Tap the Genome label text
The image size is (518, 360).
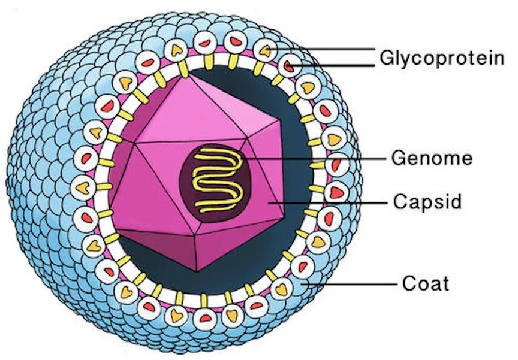pyautogui.click(x=432, y=159)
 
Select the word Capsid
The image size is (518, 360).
pyautogui.click(x=427, y=202)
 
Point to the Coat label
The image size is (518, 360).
pyautogui.click(x=425, y=283)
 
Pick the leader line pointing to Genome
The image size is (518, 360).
pyautogui.click(x=318, y=159)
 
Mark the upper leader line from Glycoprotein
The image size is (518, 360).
pyautogui.click(x=324, y=48)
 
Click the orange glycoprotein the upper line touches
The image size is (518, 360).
pyautogui.click(x=264, y=50)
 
